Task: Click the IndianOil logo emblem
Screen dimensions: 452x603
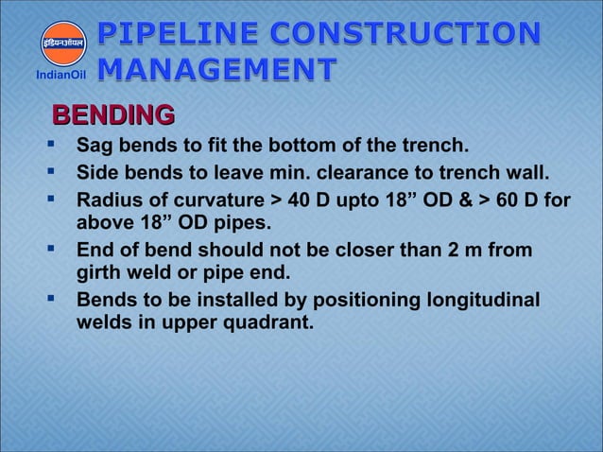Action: [61, 42]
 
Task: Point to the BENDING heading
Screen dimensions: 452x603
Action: [112, 116]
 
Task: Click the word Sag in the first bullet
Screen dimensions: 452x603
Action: [94, 148]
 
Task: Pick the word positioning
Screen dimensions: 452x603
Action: [357, 302]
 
